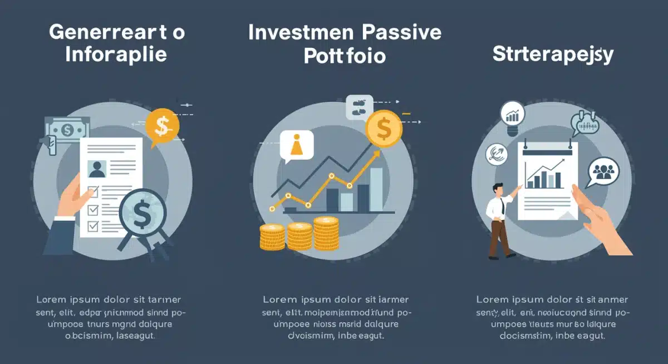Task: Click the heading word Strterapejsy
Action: pos(553,55)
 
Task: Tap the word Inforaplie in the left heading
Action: pos(115,55)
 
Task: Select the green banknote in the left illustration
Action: pos(67,130)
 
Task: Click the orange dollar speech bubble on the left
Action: pos(162,126)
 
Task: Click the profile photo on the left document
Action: pos(98,168)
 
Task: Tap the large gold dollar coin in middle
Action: pos(384,129)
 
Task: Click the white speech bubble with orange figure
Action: pos(296,146)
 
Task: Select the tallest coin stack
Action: pos(326,233)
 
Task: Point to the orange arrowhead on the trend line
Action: pos(376,154)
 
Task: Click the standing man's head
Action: pos(497,189)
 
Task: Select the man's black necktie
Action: pos(502,208)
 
